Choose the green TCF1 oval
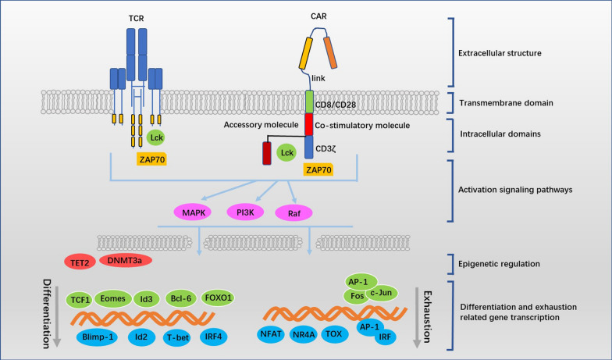(x=77, y=298)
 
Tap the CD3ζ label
(x=328, y=146)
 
